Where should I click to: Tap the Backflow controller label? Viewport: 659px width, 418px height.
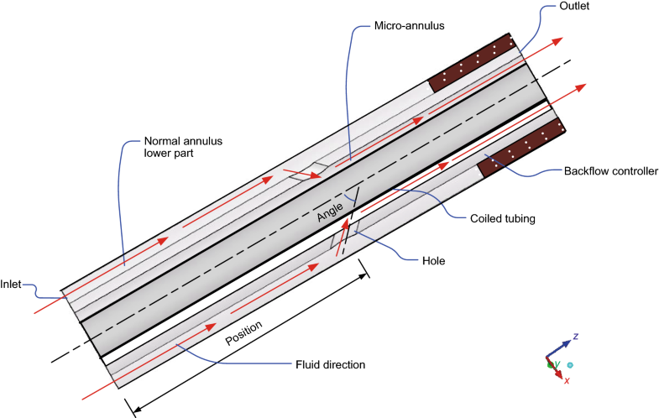click(x=609, y=172)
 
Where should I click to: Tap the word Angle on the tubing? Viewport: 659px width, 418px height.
click(x=332, y=211)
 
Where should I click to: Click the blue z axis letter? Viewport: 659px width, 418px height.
click(x=576, y=337)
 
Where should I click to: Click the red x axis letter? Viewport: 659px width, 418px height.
click(x=567, y=381)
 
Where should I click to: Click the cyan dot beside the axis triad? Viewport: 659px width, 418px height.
click(x=570, y=365)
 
